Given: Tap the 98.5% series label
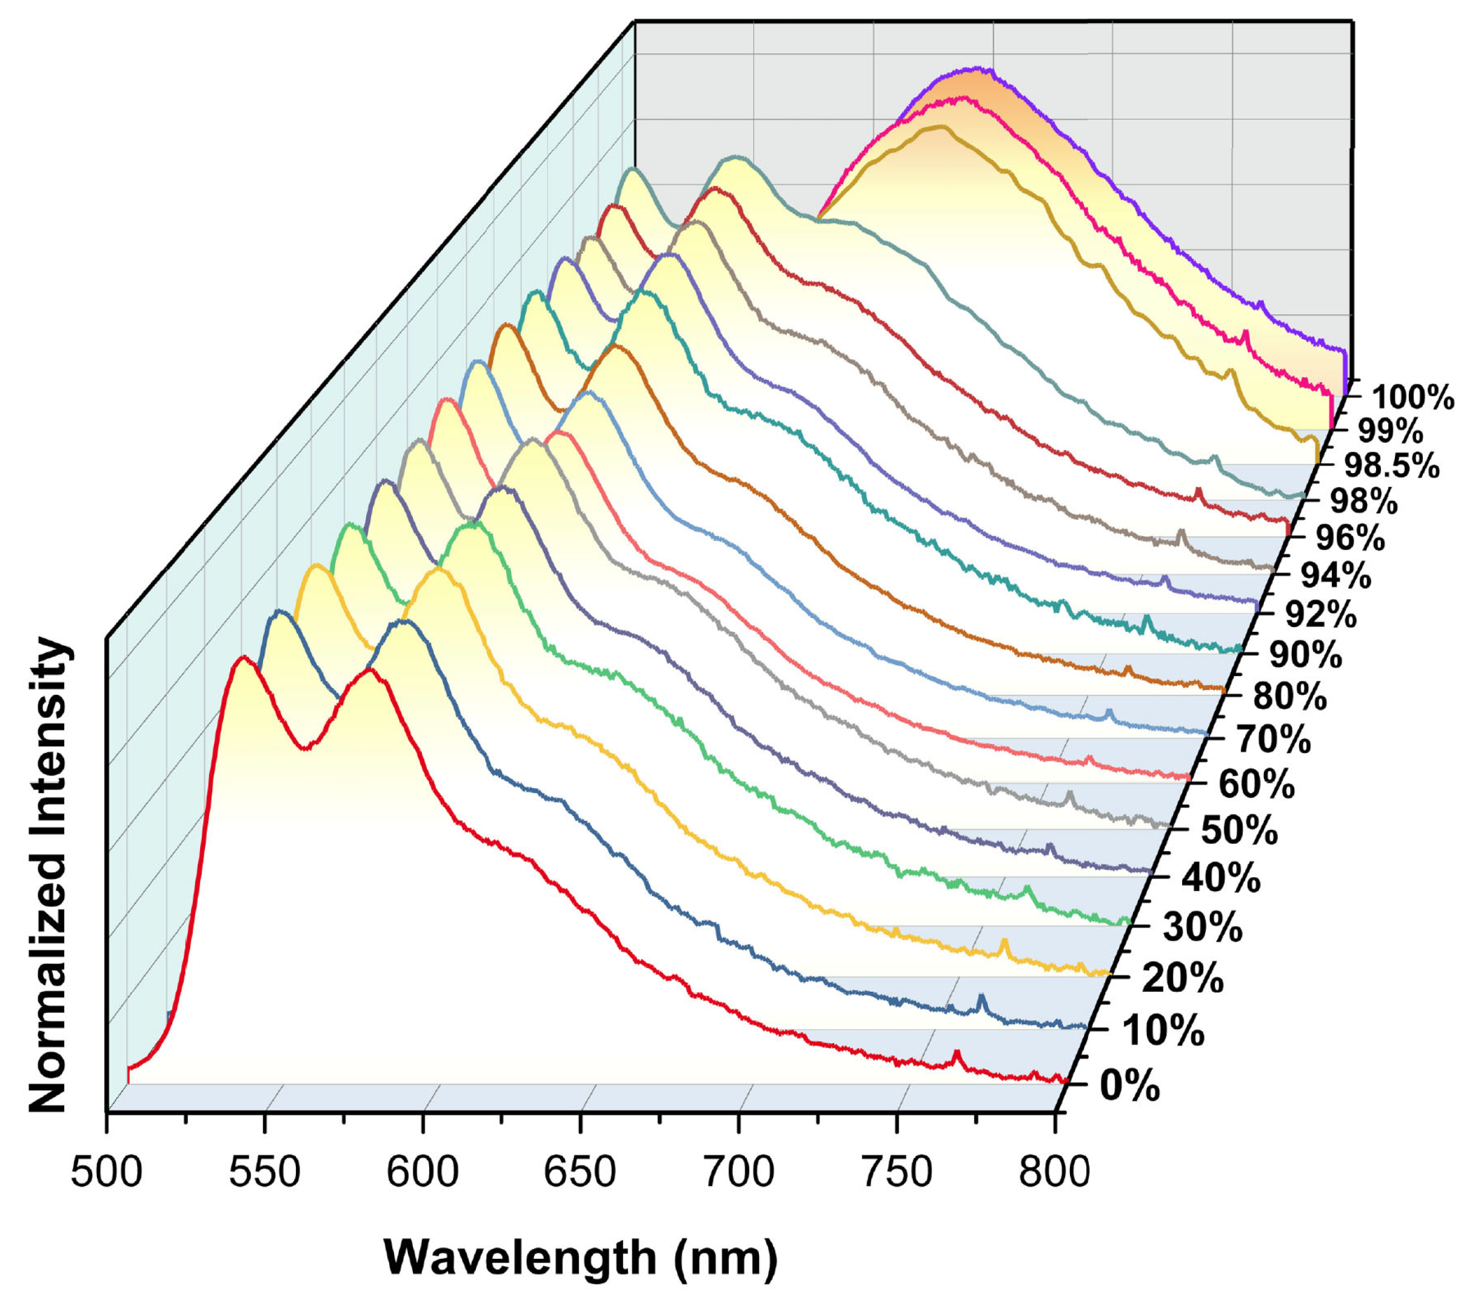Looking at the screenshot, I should [x=1391, y=465].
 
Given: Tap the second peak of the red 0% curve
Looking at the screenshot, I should [x=370, y=671].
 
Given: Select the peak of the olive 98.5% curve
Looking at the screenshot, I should [x=938, y=127].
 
